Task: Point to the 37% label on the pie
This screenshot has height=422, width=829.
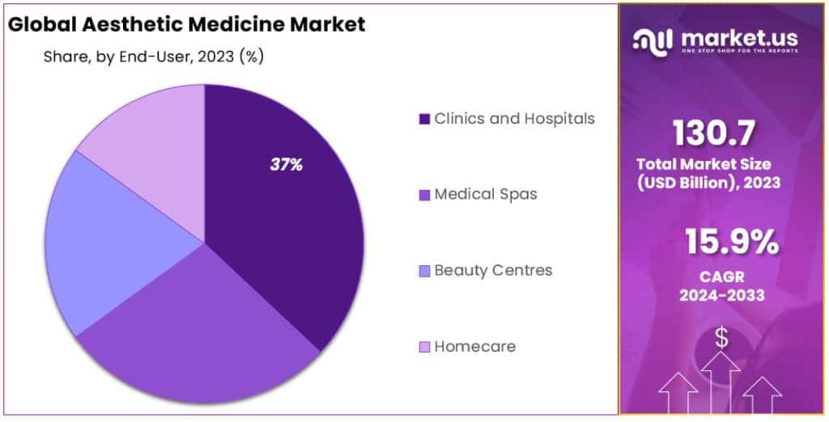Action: point(286,165)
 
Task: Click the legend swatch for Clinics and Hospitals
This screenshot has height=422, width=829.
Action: point(423,120)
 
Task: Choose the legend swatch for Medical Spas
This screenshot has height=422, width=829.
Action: point(423,195)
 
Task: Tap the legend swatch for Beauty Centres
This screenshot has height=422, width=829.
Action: point(423,271)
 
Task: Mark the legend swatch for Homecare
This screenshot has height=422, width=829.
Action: point(423,347)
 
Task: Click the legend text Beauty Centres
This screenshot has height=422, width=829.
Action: point(493,270)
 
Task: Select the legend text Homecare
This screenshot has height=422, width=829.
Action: point(474,346)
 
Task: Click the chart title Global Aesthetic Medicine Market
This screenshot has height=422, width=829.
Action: point(186,24)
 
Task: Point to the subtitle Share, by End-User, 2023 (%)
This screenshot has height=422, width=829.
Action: point(153,57)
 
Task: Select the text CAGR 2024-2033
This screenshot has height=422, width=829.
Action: point(721,286)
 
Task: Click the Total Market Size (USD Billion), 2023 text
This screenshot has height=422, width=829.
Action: point(708,173)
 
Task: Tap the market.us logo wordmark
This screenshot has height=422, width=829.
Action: point(738,37)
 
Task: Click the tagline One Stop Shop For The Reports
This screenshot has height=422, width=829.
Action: point(738,51)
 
